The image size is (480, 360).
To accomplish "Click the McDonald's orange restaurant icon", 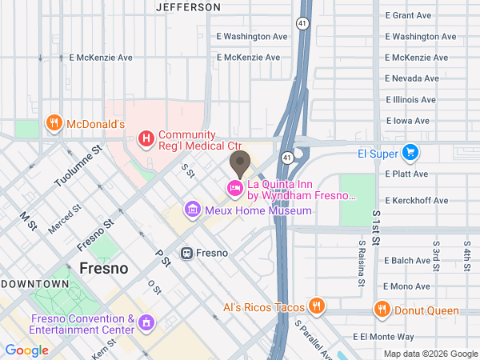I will pos(54,124).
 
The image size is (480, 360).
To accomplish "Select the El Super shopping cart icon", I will pos(410,152).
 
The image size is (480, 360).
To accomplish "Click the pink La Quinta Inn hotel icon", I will pos(235,189).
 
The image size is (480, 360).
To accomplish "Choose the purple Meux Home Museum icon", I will pos(192,210).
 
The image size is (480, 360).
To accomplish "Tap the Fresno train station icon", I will pos(186,253).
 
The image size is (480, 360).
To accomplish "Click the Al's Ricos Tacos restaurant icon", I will pos(318,307).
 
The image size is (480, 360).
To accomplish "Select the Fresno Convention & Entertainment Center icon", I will pos(146,322).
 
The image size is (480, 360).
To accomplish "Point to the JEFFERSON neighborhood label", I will pos(188,7).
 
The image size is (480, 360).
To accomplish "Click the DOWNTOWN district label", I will pos(34,284).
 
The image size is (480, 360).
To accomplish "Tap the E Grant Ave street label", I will pos(409,16).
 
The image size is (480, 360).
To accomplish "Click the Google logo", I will pos(27,350).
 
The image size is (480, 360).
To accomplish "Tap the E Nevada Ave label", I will pos(411,78).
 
